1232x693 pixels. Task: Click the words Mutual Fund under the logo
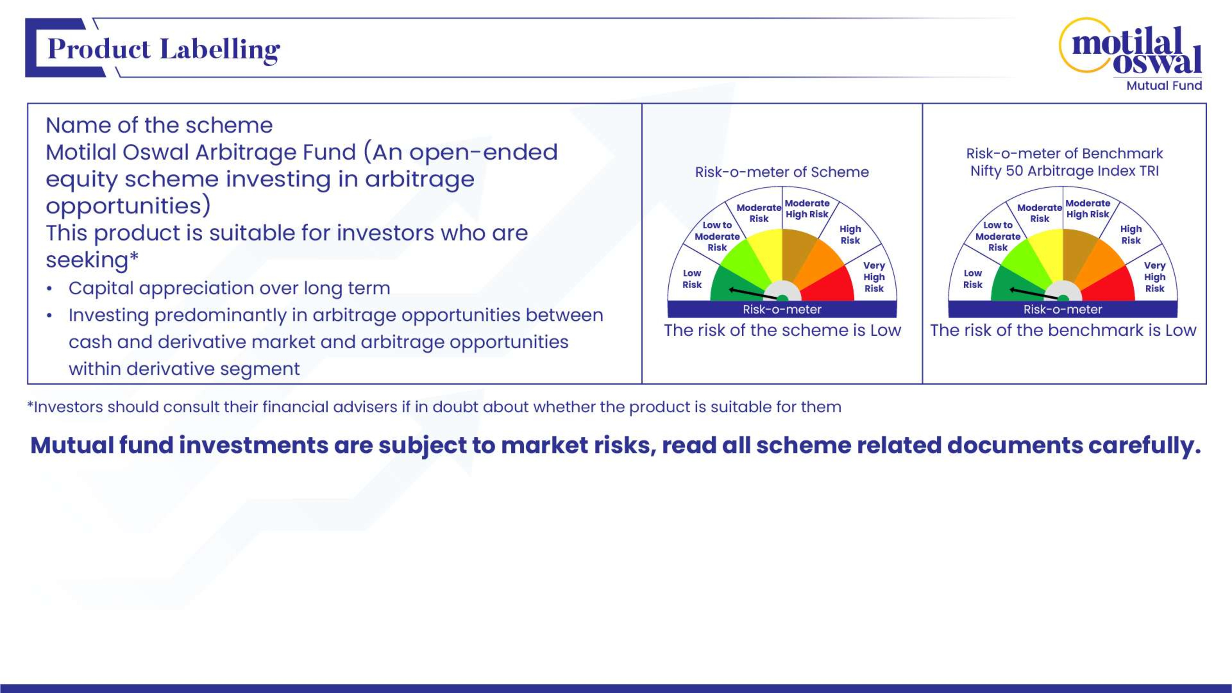point(1164,86)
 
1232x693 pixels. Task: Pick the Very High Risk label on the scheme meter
point(874,277)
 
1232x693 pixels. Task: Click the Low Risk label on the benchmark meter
point(973,279)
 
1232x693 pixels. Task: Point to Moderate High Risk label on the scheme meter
point(807,209)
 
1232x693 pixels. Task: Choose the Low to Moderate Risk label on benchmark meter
point(998,236)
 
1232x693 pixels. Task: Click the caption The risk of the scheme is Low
point(782,330)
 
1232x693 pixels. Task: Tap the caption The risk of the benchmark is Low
point(1063,330)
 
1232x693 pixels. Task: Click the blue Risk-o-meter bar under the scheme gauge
point(782,309)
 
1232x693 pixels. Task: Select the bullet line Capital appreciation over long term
point(229,288)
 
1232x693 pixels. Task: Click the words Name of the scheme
point(159,125)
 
